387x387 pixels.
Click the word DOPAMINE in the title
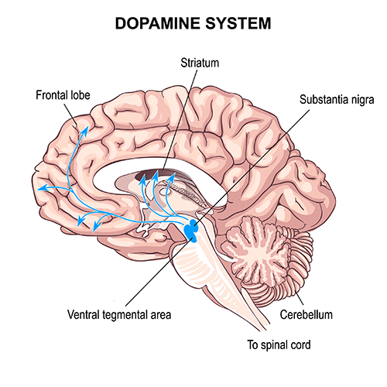tap(158, 23)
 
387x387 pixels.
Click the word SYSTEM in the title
tap(238, 23)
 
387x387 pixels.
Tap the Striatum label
tap(200, 63)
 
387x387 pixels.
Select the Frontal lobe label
tap(63, 95)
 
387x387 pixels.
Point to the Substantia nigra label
tap(337, 100)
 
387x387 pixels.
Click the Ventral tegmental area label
tap(119, 315)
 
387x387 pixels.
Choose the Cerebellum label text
tap(307, 315)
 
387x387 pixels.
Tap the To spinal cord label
tap(279, 345)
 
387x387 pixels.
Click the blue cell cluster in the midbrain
tap(191, 230)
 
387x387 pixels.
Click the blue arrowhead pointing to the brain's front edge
tap(43, 188)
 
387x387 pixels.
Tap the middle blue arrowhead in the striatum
tap(155, 176)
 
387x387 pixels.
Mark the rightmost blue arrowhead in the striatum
tap(171, 177)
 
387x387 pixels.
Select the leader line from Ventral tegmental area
tap(159, 272)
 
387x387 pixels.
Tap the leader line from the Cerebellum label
tap(299, 297)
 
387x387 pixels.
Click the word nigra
tap(363, 100)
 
